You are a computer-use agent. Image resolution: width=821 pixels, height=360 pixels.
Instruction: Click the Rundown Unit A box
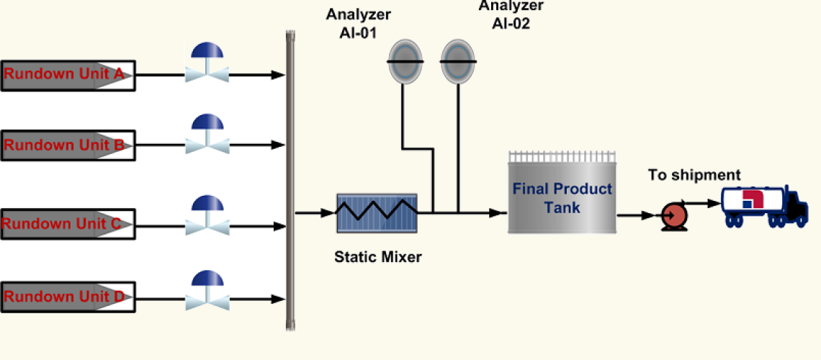[x=68, y=75]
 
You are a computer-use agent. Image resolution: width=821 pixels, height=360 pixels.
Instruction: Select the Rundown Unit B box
[x=68, y=145]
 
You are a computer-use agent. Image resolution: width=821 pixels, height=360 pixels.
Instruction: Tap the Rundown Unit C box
[x=68, y=225]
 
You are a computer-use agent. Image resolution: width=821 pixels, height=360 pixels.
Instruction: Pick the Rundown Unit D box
[x=68, y=296]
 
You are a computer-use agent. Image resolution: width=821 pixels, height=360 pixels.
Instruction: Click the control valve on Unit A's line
[x=206, y=65]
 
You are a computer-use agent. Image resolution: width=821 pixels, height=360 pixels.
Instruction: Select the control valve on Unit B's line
[x=206, y=135]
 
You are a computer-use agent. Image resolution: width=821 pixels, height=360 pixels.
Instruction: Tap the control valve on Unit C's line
[x=206, y=215]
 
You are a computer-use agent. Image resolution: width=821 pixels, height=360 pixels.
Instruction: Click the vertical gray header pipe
[x=291, y=180]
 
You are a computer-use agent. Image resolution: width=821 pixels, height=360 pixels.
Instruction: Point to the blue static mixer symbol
[x=377, y=212]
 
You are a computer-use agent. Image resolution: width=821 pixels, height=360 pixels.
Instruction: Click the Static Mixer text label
[x=377, y=256]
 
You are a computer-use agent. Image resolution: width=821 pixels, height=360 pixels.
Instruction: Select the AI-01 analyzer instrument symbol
[x=403, y=62]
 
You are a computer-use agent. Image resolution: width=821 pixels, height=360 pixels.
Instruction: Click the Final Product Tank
[x=562, y=196]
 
